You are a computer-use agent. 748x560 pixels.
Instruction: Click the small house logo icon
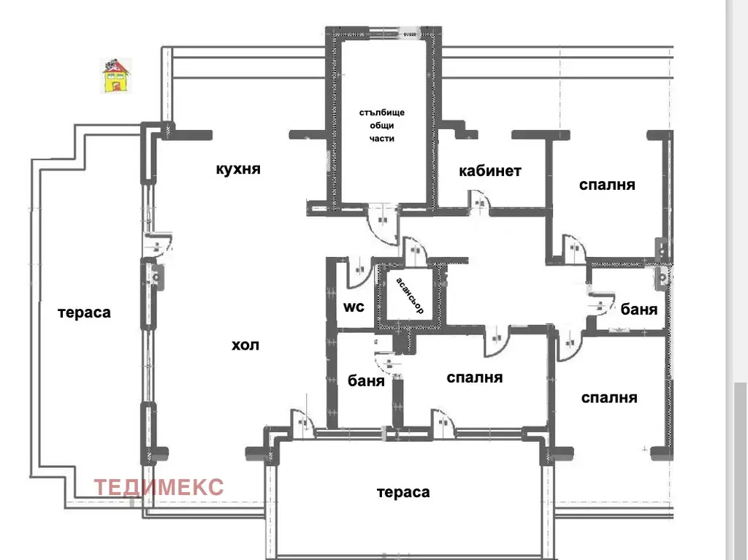point(116,76)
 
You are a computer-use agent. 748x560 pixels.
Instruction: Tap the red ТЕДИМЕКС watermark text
point(159,487)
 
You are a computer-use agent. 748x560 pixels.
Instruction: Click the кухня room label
point(238,169)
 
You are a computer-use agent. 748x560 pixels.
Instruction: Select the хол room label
point(245,345)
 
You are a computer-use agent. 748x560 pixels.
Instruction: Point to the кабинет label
point(490,171)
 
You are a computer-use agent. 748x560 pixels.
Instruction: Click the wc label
point(354,307)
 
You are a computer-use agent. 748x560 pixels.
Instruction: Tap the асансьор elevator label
point(410,296)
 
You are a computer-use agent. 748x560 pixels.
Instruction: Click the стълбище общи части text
point(381,126)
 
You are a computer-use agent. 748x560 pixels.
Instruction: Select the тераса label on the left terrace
point(84,313)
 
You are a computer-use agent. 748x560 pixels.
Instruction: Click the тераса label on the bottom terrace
point(403,492)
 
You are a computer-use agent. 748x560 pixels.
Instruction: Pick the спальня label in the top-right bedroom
point(607,185)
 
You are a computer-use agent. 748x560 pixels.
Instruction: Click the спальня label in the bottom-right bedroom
point(609,398)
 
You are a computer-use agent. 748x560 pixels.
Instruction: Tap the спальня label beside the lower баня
point(475,377)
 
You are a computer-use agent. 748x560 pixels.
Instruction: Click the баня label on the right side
point(638,310)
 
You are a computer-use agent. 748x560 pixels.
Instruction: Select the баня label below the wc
point(366,381)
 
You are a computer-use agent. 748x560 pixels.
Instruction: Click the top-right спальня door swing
point(575,248)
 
